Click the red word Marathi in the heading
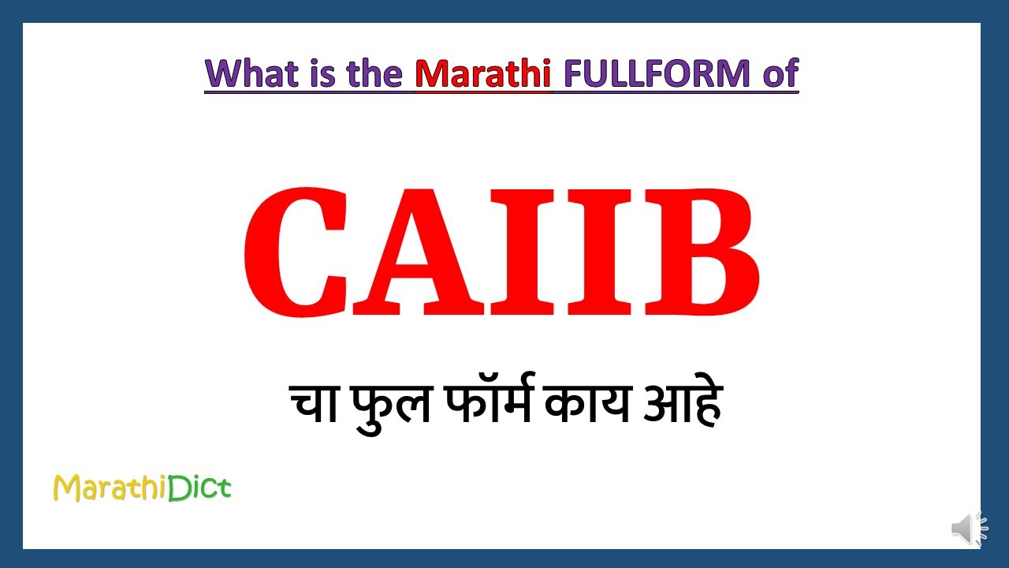tap(482, 73)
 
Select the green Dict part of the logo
tap(199, 488)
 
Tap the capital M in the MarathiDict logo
tap(65, 489)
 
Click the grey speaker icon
tap(968, 529)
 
